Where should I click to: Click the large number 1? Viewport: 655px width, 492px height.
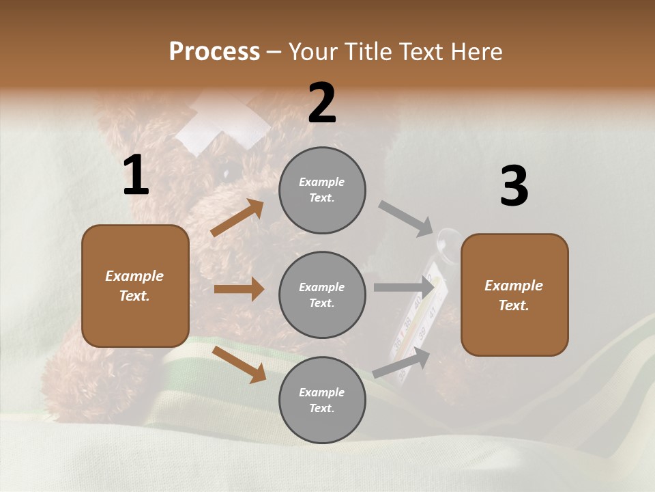click(x=136, y=176)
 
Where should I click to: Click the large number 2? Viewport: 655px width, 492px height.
click(x=322, y=104)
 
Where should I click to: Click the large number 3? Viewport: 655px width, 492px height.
click(x=514, y=186)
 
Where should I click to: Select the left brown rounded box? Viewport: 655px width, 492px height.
click(x=135, y=286)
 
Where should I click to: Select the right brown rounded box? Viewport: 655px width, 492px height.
click(x=514, y=295)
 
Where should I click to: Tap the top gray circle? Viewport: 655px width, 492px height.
click(x=322, y=189)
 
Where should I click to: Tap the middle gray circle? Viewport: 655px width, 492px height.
click(x=322, y=295)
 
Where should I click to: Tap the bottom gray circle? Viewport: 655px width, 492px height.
click(x=322, y=400)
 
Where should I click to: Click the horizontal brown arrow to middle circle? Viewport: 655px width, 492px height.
click(x=239, y=289)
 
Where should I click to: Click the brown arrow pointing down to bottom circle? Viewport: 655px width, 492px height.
click(x=239, y=364)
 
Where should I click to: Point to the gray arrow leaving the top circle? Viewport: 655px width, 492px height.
click(x=406, y=218)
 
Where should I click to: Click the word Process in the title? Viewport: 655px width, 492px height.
click(x=214, y=51)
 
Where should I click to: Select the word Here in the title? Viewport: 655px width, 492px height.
click(x=476, y=51)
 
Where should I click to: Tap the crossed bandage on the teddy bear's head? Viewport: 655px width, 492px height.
click(x=222, y=123)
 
